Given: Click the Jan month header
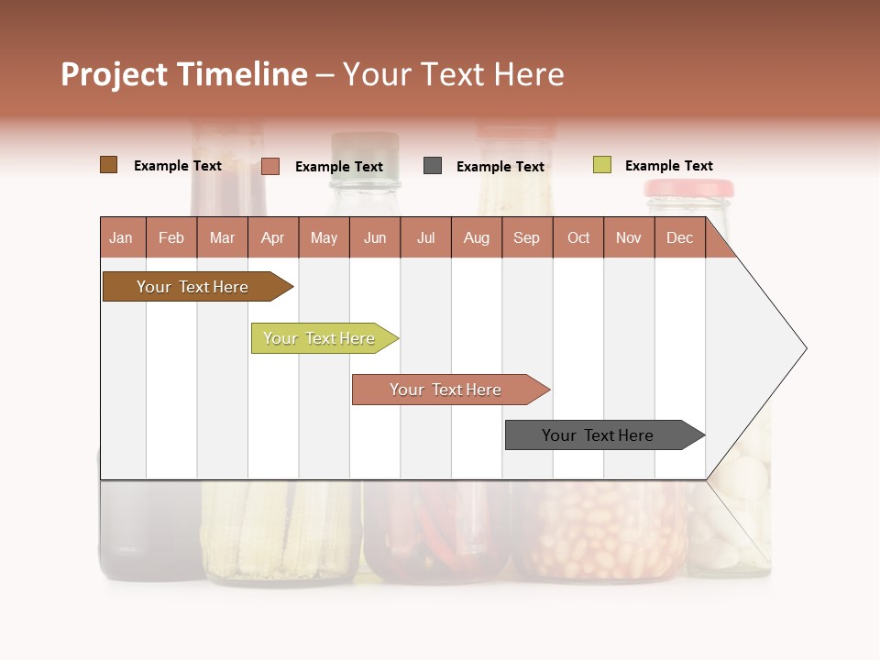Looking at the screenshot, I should point(121,238).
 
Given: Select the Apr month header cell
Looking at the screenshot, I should point(272,238).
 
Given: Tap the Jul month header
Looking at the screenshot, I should point(425,238).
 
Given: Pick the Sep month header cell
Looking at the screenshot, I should point(526,238).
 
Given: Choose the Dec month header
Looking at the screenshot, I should point(679,238).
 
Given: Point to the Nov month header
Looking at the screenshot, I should point(628,238).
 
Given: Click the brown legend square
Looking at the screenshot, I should point(109,165).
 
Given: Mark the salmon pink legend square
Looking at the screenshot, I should point(270,166).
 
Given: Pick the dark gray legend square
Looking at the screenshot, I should point(433,166).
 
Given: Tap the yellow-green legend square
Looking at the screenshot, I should point(602,165).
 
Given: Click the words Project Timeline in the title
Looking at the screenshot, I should point(184,74).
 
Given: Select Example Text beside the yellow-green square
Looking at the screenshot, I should point(668,166).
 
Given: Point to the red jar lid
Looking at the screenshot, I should point(688,189).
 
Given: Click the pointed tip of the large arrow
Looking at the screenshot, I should point(804,348).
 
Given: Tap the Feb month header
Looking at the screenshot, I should point(171,238).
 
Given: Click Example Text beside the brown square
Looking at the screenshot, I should point(178,166).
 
